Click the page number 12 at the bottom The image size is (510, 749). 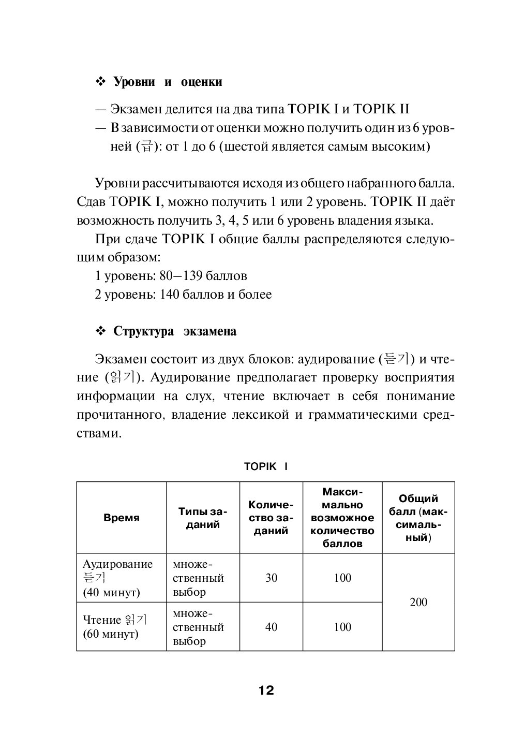pyautogui.click(x=266, y=690)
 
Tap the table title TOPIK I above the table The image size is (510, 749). pyautogui.click(x=266, y=466)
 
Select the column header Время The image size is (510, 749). pyautogui.click(x=122, y=518)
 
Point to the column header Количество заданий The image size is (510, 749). pyautogui.click(x=271, y=518)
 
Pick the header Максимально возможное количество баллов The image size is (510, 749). pyautogui.click(x=342, y=518)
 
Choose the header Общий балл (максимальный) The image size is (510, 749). pyautogui.click(x=418, y=518)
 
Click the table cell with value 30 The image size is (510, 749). pyautogui.click(x=271, y=578)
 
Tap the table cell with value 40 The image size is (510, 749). pyautogui.click(x=271, y=627)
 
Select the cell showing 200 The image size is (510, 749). pyautogui.click(x=418, y=603)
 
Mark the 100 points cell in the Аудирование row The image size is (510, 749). pyautogui.click(x=342, y=578)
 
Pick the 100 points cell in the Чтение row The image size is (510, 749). pyautogui.click(x=342, y=627)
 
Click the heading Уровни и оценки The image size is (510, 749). pyautogui.click(x=168, y=82)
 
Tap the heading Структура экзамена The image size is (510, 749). pyautogui.click(x=175, y=331)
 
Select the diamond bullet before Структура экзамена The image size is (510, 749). pyautogui.click(x=101, y=331)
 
